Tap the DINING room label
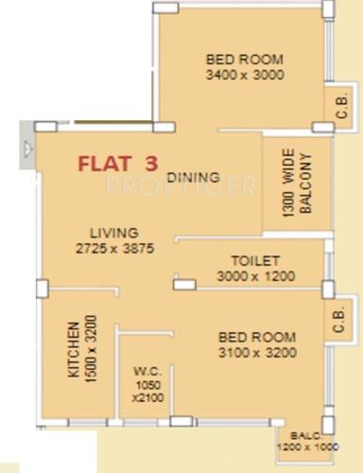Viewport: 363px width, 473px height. (x=193, y=177)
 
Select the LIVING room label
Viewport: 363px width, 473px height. (x=114, y=233)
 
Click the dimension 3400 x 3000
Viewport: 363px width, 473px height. (x=245, y=77)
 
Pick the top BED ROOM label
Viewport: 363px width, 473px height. (x=245, y=60)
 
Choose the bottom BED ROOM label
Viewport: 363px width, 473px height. (x=256, y=337)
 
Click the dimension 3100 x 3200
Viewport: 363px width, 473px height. (x=256, y=353)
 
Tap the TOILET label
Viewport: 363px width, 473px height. (x=255, y=260)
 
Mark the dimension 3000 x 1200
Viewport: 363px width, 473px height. (x=256, y=276)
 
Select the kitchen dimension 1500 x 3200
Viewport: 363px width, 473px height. (x=91, y=346)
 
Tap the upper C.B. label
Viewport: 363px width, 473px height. (x=342, y=109)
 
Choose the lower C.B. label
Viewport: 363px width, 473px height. (x=338, y=322)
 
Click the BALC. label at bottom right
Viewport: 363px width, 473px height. (x=302, y=436)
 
